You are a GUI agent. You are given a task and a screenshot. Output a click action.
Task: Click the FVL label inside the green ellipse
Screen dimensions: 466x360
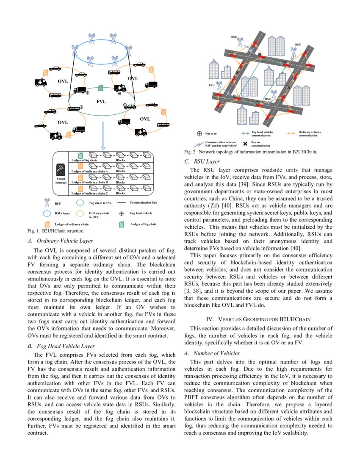tap(101, 102)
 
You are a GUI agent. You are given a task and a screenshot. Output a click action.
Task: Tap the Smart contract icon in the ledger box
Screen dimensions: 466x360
tap(60, 170)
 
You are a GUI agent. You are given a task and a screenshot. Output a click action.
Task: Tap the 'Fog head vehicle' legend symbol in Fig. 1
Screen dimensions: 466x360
tap(121, 214)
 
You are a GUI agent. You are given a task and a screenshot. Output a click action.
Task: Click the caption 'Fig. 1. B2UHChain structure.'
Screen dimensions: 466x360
tap(55, 231)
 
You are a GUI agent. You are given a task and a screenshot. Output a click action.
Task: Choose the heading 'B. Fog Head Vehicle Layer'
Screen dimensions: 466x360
tap(64, 346)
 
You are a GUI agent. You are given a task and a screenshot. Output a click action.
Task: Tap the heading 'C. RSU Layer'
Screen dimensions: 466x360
tap(202, 161)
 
